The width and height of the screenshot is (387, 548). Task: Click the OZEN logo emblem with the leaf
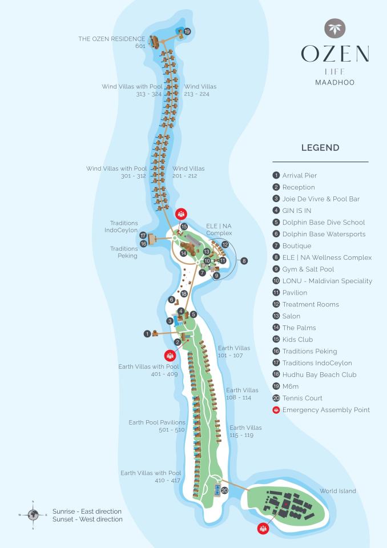pyautogui.click(x=334, y=29)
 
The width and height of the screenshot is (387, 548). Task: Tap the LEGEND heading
pyautogui.click(x=320, y=148)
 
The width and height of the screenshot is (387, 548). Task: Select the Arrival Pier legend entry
pyautogui.click(x=295, y=175)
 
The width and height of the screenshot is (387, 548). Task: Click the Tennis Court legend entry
pyautogui.click(x=297, y=398)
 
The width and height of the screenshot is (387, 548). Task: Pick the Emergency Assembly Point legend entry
pyautogui.click(x=321, y=410)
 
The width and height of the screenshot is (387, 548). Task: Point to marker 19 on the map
pyautogui.click(x=187, y=32)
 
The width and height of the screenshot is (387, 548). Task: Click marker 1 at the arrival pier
pyautogui.click(x=147, y=334)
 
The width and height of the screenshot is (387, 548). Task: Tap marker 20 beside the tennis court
pyautogui.click(x=224, y=491)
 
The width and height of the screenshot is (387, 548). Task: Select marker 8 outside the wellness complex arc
pyautogui.click(x=244, y=261)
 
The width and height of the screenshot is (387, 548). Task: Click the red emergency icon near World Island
pyautogui.click(x=263, y=529)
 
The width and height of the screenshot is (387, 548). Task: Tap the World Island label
pyautogui.click(x=337, y=491)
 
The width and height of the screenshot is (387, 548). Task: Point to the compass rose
pyautogui.click(x=33, y=515)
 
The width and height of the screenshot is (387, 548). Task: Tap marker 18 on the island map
pyautogui.click(x=184, y=294)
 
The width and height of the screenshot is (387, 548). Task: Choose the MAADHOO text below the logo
pyautogui.click(x=334, y=82)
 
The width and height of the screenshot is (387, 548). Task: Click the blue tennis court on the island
pyautogui.click(x=217, y=490)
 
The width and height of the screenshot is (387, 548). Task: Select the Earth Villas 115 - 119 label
pyautogui.click(x=245, y=432)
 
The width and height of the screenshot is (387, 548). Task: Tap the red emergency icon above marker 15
pyautogui.click(x=181, y=213)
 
